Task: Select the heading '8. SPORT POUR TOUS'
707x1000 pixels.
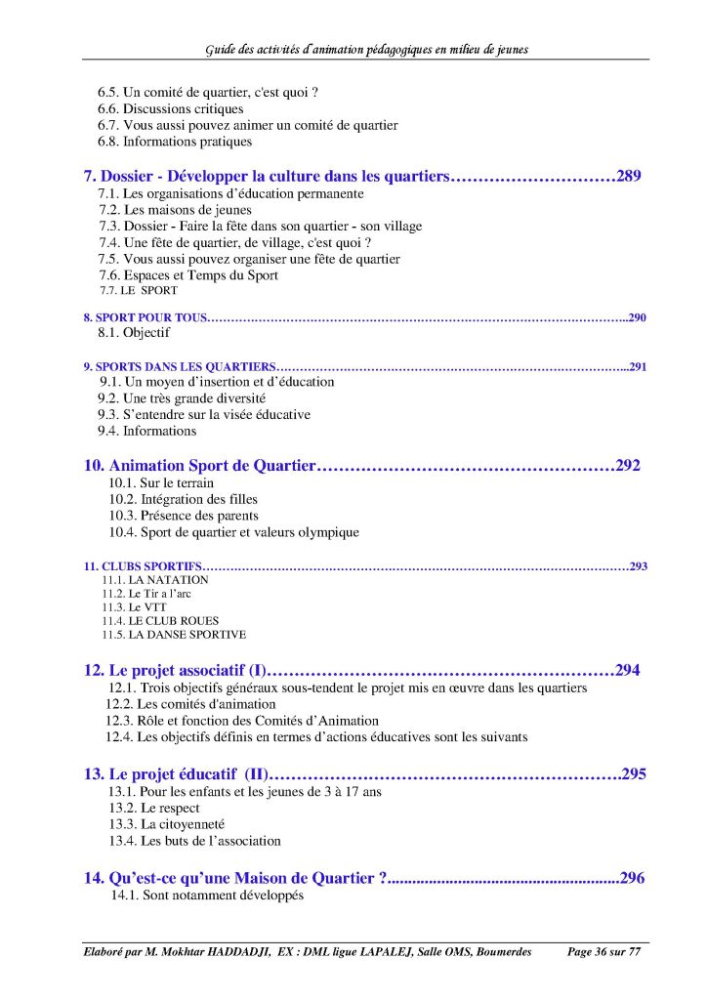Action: tap(146, 317)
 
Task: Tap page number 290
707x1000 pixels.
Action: tap(638, 317)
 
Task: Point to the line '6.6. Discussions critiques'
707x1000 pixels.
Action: tap(170, 109)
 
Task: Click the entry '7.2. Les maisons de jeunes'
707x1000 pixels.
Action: tap(175, 210)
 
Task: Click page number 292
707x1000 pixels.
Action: tap(628, 466)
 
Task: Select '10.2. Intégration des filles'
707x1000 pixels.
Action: tap(176, 500)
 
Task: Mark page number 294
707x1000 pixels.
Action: tap(628, 671)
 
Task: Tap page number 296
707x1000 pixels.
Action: tap(632, 878)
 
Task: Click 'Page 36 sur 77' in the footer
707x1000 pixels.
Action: tap(606, 952)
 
